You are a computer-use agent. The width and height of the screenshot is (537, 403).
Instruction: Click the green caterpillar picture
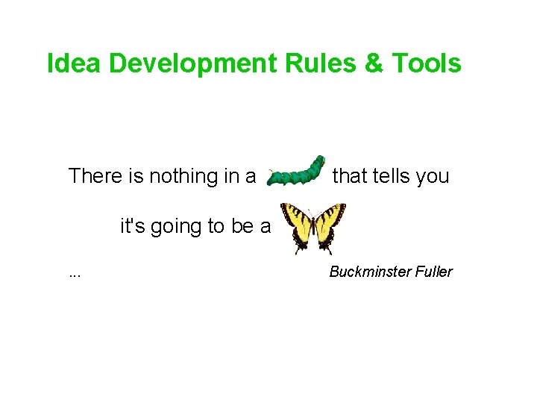coord(296,172)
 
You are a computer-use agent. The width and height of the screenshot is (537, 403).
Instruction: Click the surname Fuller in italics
coord(433,272)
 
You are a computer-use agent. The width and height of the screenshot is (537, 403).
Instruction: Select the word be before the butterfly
coord(242,225)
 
